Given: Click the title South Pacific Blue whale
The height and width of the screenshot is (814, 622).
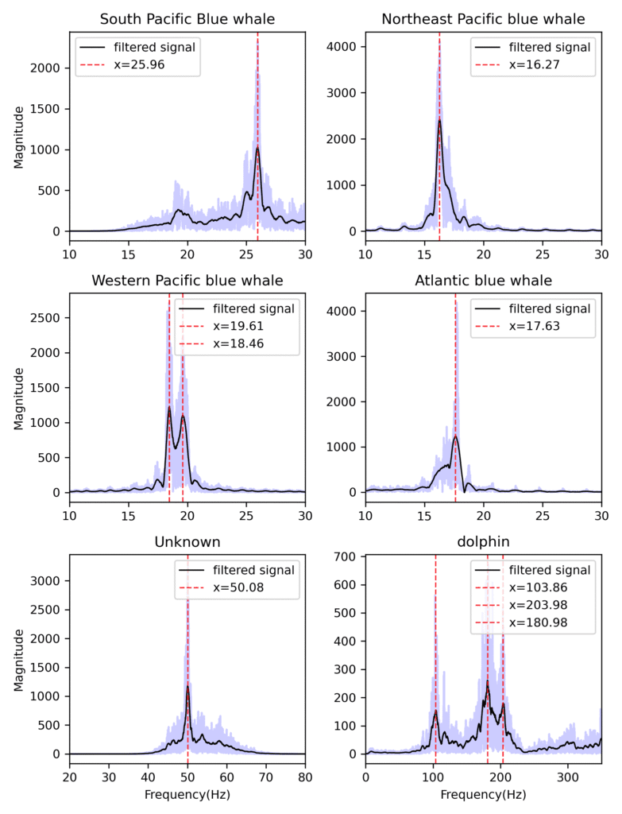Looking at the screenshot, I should click(x=187, y=18).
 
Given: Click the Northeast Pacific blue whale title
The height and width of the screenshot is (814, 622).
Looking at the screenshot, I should click(x=483, y=18).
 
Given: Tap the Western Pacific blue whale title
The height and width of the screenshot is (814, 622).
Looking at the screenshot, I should click(x=187, y=280).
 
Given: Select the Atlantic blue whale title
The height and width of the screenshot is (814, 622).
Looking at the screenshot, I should click(x=483, y=280).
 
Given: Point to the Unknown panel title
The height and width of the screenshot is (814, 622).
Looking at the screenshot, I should click(x=187, y=541).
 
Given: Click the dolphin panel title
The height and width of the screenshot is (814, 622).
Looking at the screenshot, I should click(x=483, y=541).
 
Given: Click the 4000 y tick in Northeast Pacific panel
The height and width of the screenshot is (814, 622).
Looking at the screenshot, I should click(x=342, y=47).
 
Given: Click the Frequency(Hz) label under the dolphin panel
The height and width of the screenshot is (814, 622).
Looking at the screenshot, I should click(x=483, y=794).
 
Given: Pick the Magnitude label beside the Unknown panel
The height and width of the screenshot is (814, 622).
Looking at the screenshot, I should click(x=18, y=654).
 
